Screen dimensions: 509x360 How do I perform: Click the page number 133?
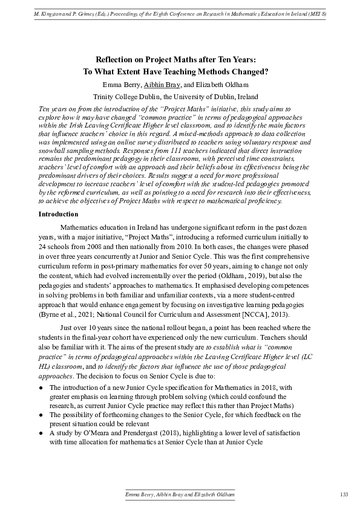point(344,495)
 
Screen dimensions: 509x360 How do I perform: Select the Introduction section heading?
point(59,214)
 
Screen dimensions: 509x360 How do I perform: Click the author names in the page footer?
point(180,495)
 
